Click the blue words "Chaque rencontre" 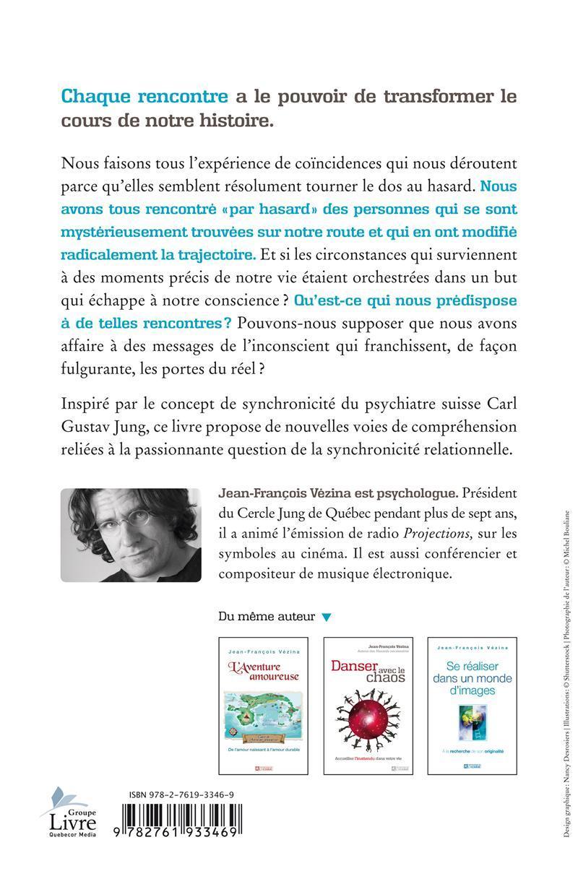pyautogui.click(x=144, y=96)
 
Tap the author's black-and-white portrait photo pyautogui.click(x=130, y=535)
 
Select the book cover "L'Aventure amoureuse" pyautogui.click(x=263, y=705)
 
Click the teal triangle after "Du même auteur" pyautogui.click(x=327, y=617)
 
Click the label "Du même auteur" pyautogui.click(x=266, y=617)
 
